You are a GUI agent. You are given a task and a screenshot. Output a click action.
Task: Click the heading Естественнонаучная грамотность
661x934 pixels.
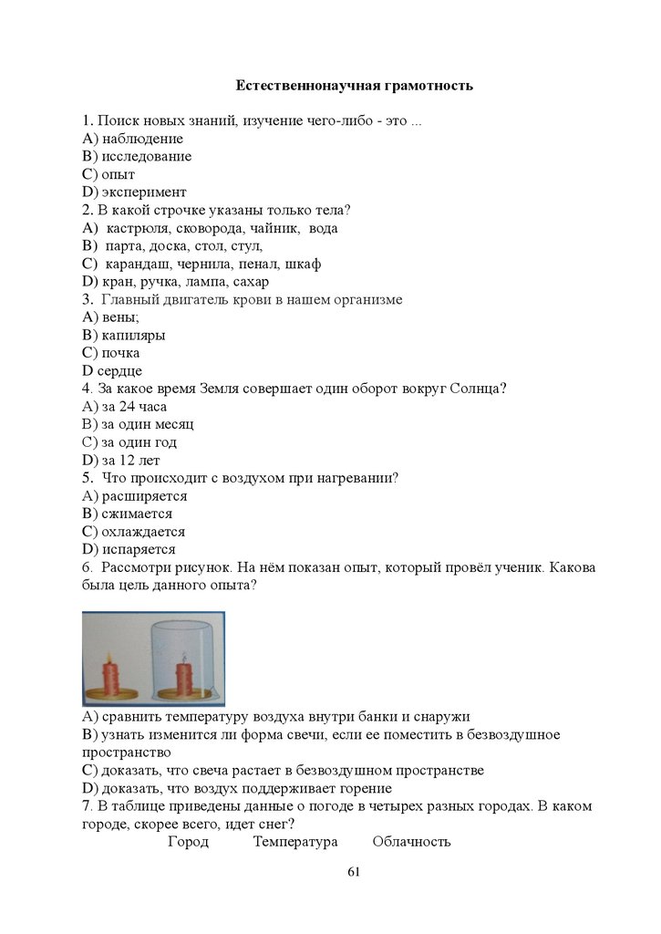click(x=355, y=86)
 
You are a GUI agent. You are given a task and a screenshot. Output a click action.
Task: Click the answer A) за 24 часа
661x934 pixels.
click(x=124, y=407)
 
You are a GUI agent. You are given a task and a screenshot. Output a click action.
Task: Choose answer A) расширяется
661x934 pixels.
click(x=134, y=496)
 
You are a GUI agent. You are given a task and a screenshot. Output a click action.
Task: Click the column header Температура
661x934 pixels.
click(x=295, y=842)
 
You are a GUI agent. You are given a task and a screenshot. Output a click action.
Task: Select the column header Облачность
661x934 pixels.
click(x=411, y=842)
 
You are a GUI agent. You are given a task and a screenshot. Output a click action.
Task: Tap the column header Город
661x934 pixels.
click(x=188, y=842)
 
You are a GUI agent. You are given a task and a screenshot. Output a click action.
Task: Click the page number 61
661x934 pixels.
click(x=355, y=872)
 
